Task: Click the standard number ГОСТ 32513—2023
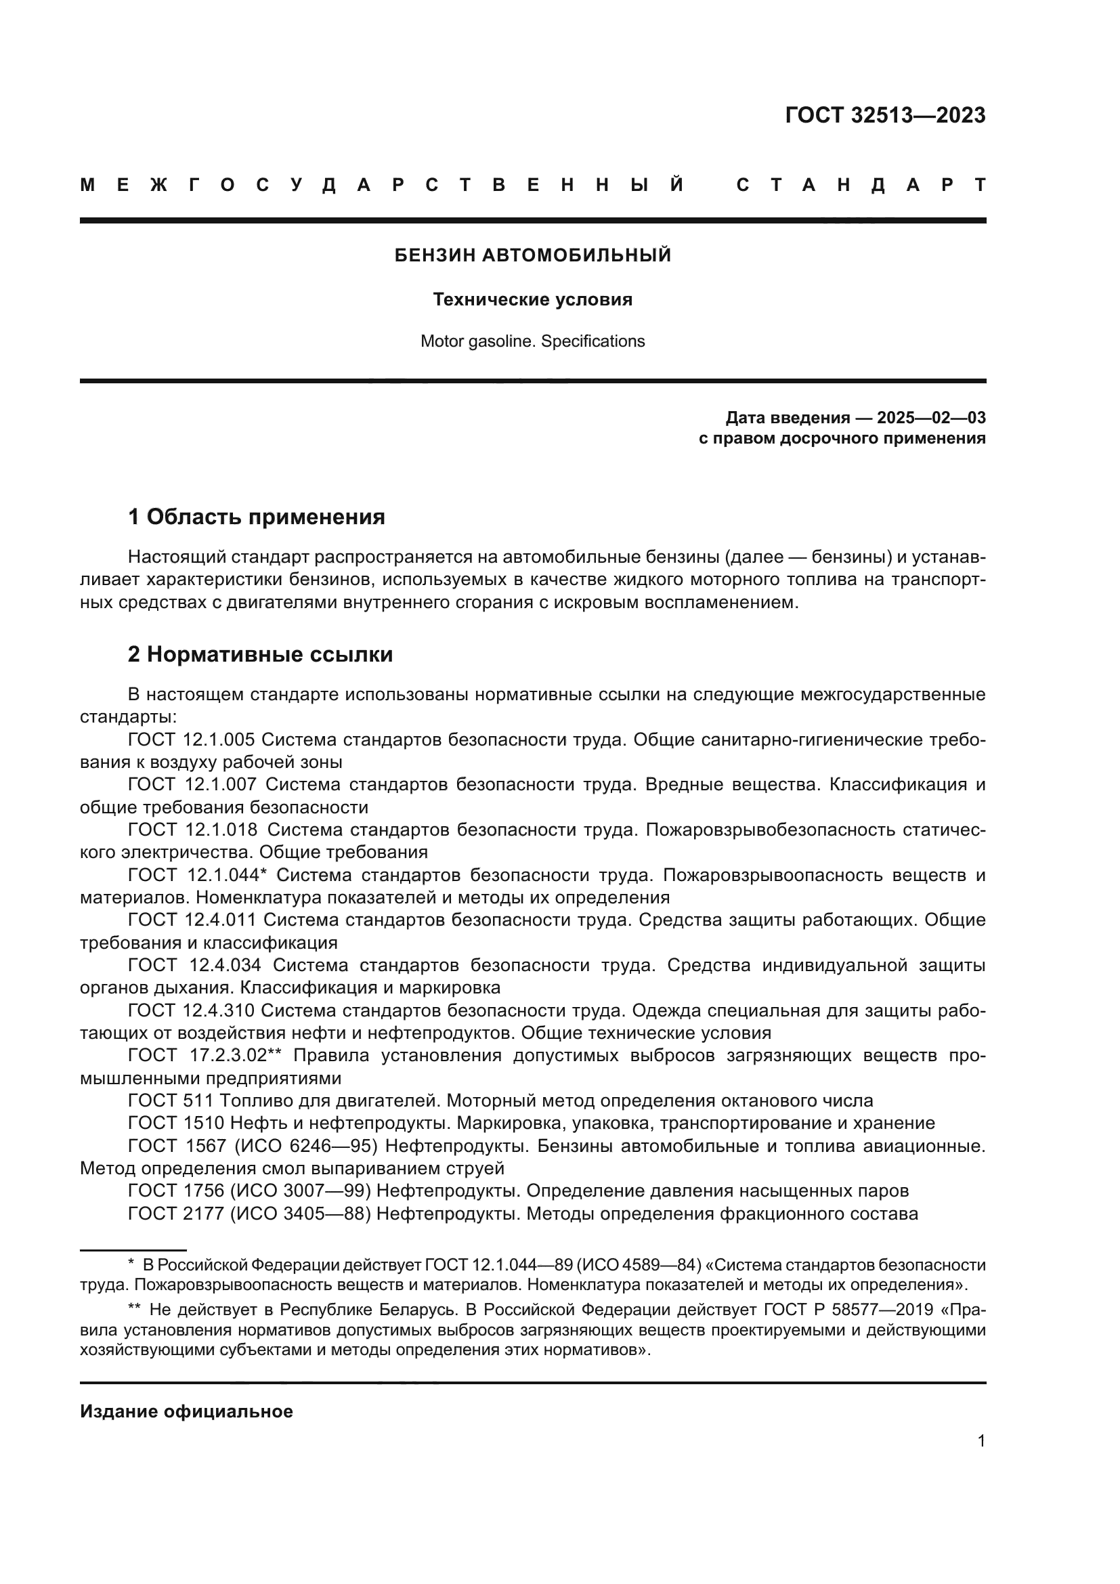885,115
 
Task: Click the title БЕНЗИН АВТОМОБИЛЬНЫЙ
532,255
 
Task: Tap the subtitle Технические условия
532,299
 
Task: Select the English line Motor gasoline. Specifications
532,341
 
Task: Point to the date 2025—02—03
930,417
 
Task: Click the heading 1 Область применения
256,516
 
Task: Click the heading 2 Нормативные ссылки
260,654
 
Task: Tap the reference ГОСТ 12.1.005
191,740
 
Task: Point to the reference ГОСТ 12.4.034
194,965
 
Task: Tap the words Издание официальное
186,1411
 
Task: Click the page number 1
981,1440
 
